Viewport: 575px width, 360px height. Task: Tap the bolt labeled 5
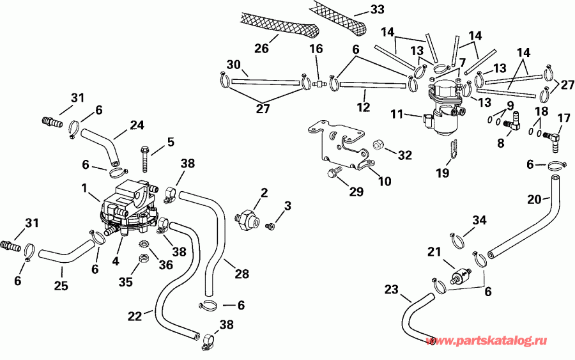pos(146,157)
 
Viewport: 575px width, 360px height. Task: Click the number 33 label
pos(379,10)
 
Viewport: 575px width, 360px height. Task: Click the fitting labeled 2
pos(247,218)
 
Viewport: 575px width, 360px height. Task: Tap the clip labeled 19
pos(452,148)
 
